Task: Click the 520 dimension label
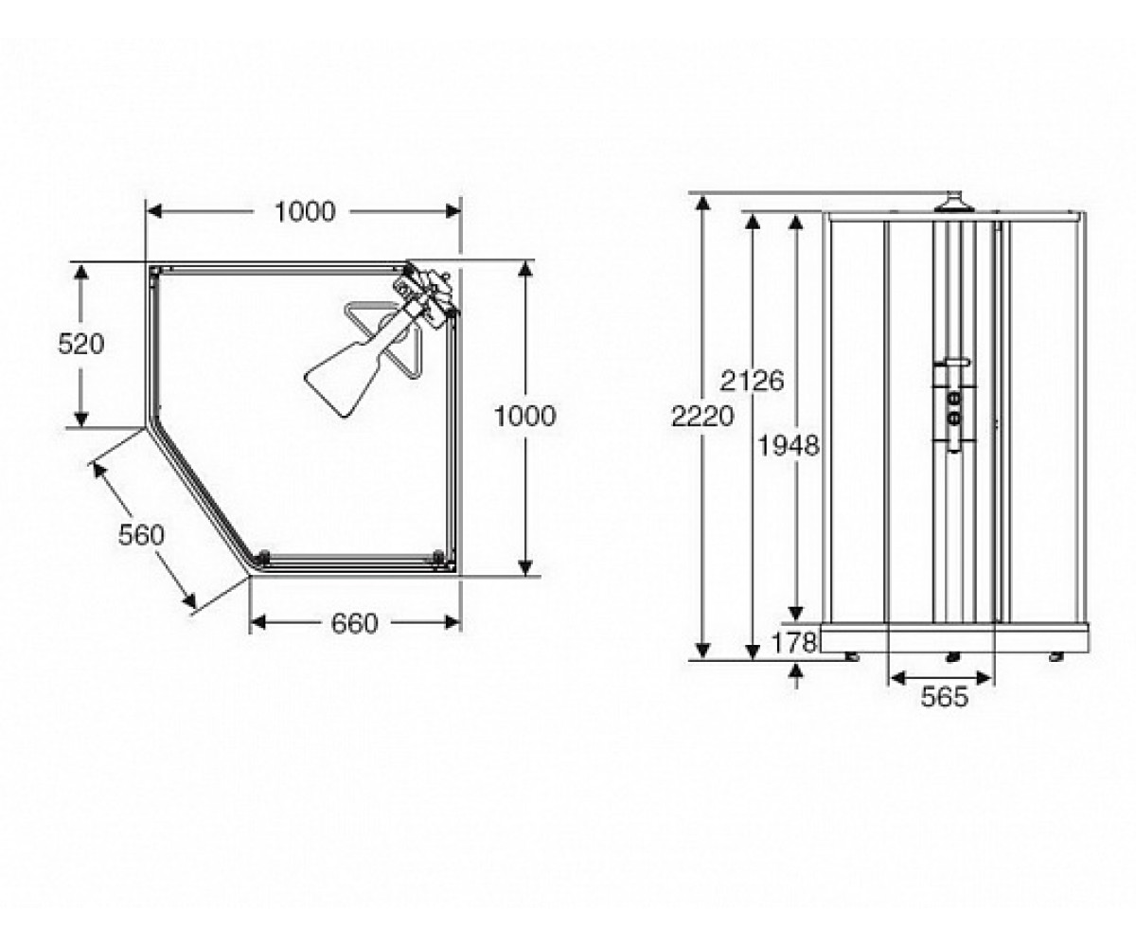(81, 344)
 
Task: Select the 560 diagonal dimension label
(141, 535)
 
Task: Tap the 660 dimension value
(354, 624)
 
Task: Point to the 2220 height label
(702, 417)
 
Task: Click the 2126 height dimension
(752, 381)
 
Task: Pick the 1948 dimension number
(789, 446)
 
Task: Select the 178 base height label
(794, 643)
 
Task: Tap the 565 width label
(945, 697)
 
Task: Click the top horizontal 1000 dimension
(305, 212)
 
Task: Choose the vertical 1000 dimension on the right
(525, 417)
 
